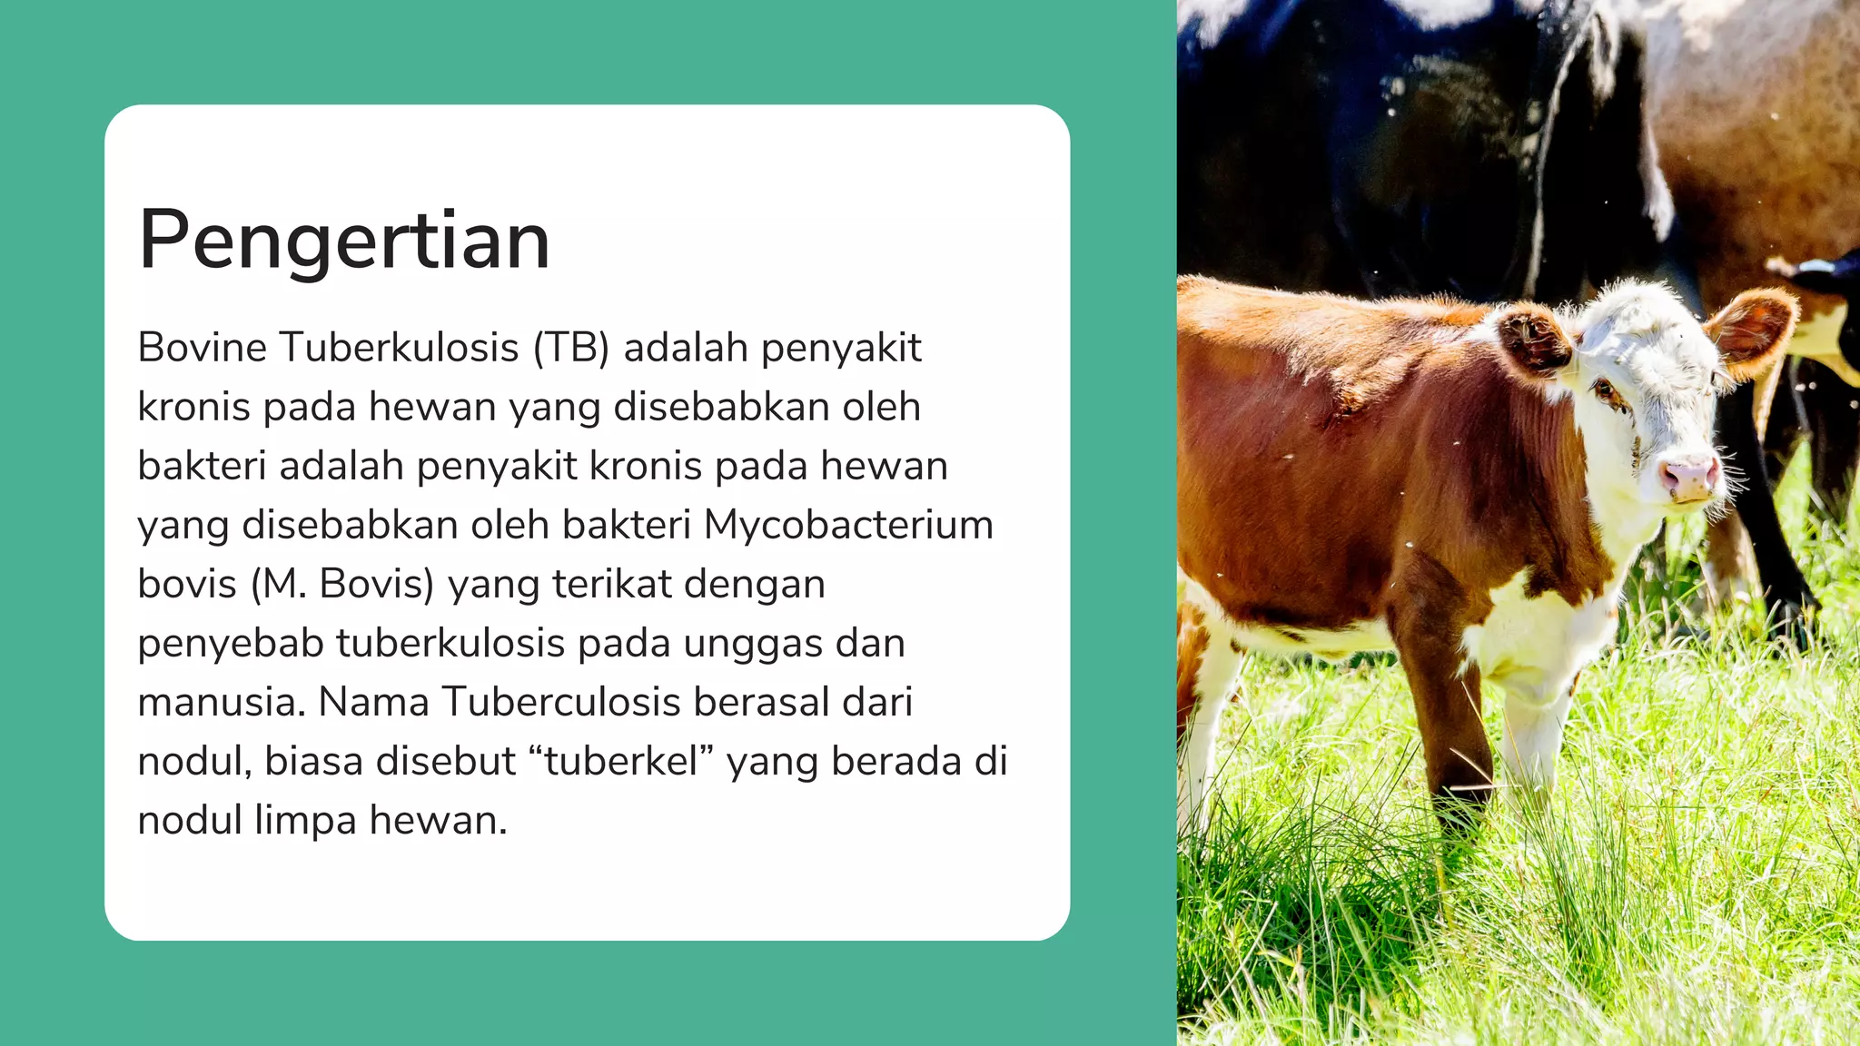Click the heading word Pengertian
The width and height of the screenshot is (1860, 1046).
click(344, 241)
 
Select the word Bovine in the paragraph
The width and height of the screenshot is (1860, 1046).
click(202, 348)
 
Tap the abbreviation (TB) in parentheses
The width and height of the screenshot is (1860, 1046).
click(570, 348)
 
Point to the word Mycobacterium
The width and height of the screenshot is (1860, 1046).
click(848, 525)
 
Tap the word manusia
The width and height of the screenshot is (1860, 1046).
click(221, 703)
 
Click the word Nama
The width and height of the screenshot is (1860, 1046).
click(372, 703)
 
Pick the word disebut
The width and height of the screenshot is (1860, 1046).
click(446, 762)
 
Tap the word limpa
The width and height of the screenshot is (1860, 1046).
click(305, 821)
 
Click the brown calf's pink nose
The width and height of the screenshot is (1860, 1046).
click(1689, 476)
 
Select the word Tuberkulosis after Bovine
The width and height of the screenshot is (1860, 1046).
click(399, 348)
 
